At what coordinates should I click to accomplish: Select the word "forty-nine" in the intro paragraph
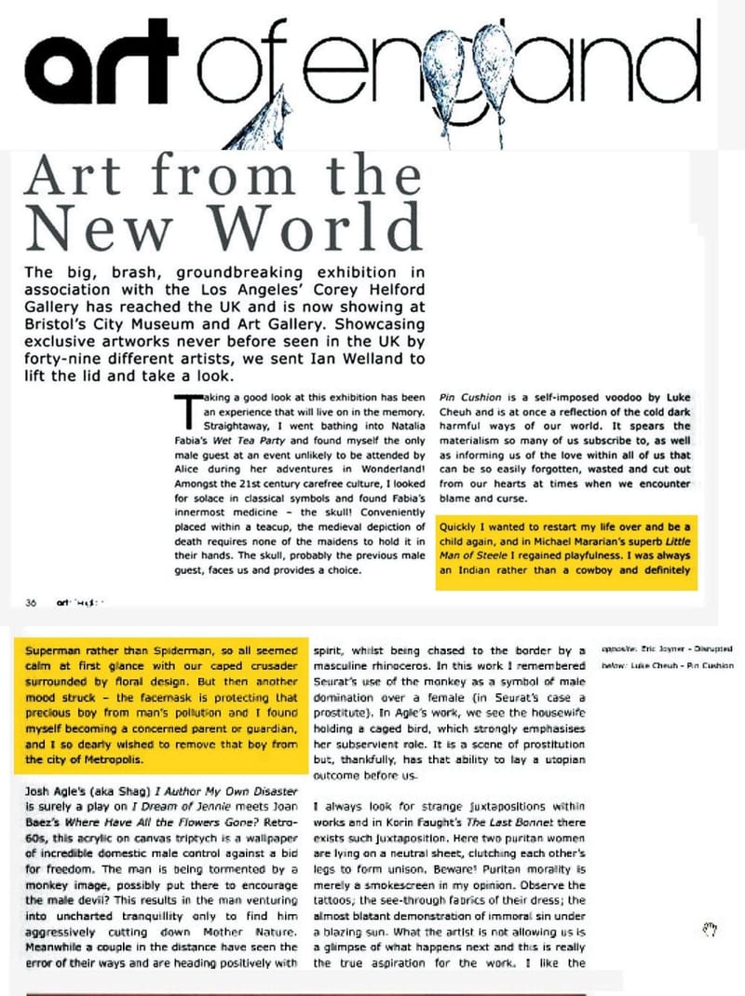65,359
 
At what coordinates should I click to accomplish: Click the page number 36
31,602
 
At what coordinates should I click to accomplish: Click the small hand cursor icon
710,928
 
